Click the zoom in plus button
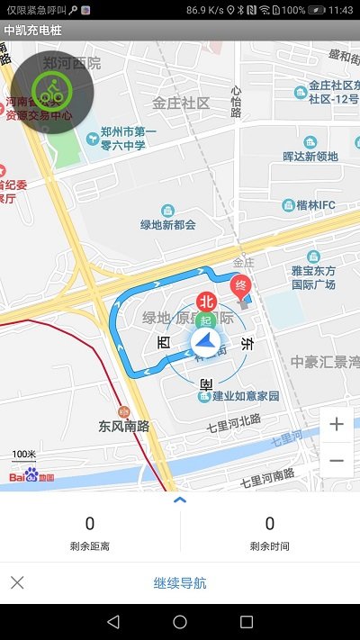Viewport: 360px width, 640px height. pyautogui.click(x=337, y=425)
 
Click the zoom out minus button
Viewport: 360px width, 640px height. pyautogui.click(x=337, y=460)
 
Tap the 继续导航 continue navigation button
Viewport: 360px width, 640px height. pyautogui.click(x=180, y=583)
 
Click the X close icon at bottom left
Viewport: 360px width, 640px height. pyautogui.click(x=17, y=582)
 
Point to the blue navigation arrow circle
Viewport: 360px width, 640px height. pyautogui.click(x=205, y=343)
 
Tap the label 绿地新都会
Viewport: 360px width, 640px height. pyautogui.click(x=167, y=223)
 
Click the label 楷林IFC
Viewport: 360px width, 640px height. pyautogui.click(x=315, y=205)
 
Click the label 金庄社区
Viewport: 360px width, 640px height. pyautogui.click(x=181, y=103)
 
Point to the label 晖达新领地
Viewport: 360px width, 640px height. pyautogui.click(x=310, y=156)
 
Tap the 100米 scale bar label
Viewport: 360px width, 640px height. pyautogui.click(x=24, y=455)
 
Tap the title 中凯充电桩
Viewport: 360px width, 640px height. pyautogui.click(x=28, y=30)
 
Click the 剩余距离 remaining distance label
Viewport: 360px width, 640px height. pyautogui.click(x=90, y=546)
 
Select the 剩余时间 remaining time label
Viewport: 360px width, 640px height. pyautogui.click(x=270, y=546)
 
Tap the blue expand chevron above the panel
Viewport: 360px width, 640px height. pyautogui.click(x=180, y=500)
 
